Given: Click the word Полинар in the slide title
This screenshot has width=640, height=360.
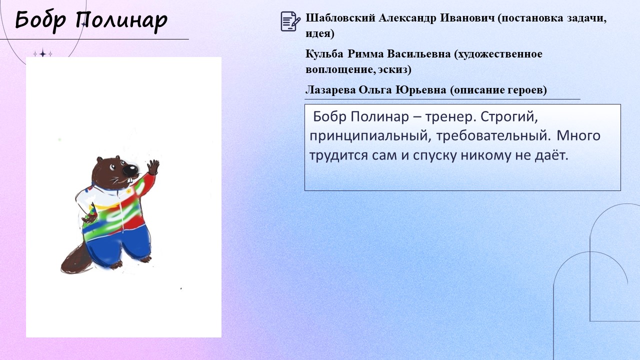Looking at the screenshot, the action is tap(121, 20).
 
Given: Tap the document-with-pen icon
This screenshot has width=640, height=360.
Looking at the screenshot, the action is tap(290, 21).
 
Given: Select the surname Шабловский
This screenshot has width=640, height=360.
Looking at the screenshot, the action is tap(340, 18).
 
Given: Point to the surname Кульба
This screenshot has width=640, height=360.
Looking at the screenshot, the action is tap(324, 54).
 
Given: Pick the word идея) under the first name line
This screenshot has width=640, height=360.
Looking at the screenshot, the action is tap(320, 33).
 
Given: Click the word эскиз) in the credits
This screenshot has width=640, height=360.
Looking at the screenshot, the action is tap(395, 69).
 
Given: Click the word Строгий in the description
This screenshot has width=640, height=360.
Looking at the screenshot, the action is tap(509, 117).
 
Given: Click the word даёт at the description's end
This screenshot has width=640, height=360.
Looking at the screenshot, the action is tap(551, 155).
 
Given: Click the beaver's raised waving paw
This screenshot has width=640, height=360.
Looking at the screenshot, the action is tap(153, 167).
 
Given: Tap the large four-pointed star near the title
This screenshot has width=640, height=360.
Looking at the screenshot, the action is tap(42, 53).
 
